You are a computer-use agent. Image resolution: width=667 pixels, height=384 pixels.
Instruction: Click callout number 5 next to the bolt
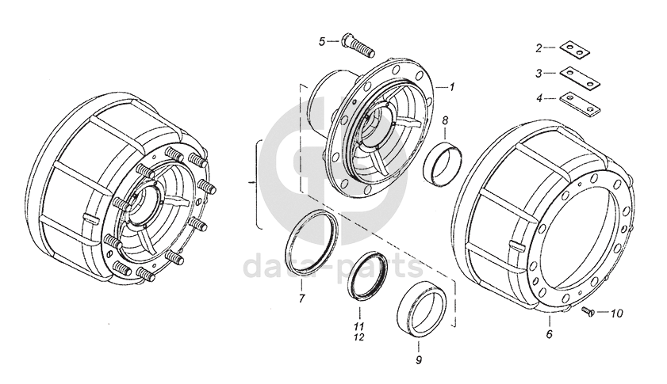pos(322,40)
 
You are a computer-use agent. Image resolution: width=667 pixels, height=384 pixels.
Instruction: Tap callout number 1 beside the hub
pos(451,86)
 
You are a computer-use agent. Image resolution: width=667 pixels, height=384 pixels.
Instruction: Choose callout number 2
pos(539,48)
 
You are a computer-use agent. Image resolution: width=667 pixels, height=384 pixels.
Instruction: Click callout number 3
pos(539,73)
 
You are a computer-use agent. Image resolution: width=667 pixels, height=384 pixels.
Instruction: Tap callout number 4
pos(539,98)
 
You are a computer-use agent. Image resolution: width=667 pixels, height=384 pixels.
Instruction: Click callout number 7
pos(301,299)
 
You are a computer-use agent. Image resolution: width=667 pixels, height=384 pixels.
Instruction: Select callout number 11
pos(358,326)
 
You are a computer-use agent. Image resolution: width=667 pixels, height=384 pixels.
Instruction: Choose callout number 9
pos(418,358)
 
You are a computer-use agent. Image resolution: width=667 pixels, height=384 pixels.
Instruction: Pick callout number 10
pos(617,313)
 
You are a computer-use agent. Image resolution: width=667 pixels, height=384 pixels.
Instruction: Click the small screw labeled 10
pos(588,312)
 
